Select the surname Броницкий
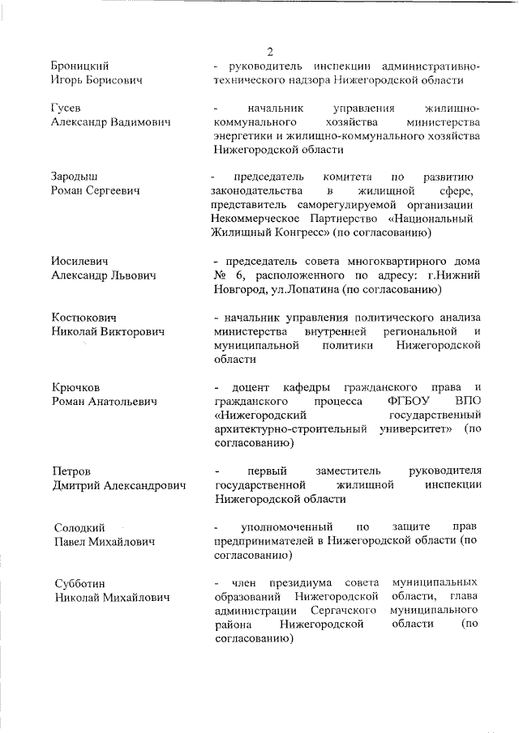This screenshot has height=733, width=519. tap(81, 66)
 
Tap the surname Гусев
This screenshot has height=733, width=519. tap(66, 108)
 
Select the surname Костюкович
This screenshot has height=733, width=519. tap(84, 317)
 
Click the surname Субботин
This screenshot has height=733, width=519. tap(78, 583)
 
